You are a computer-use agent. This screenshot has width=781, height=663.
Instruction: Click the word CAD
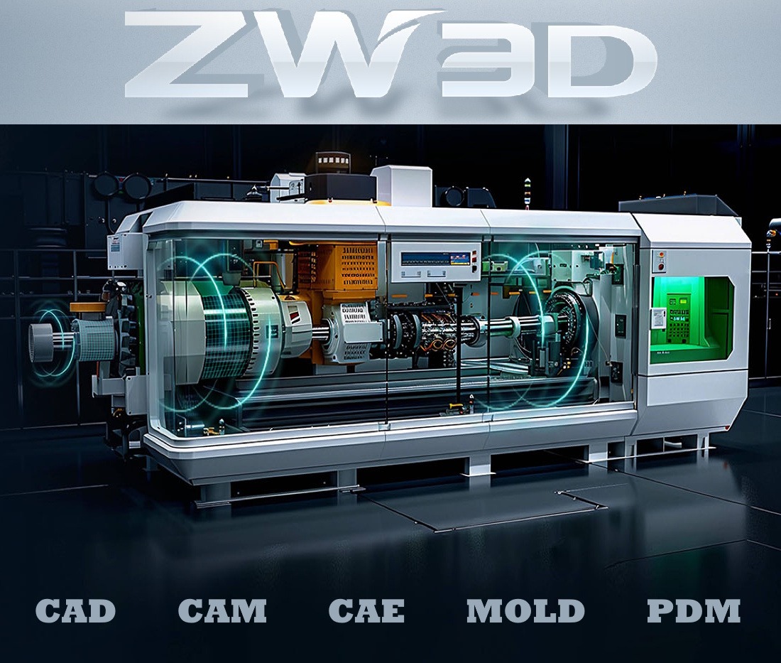(x=76, y=610)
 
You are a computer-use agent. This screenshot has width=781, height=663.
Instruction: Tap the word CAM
(x=222, y=610)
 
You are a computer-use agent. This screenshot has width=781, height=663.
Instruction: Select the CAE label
(x=366, y=610)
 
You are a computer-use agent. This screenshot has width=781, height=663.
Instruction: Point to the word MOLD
(x=525, y=610)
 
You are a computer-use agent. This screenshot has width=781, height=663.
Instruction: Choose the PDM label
(x=694, y=610)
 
